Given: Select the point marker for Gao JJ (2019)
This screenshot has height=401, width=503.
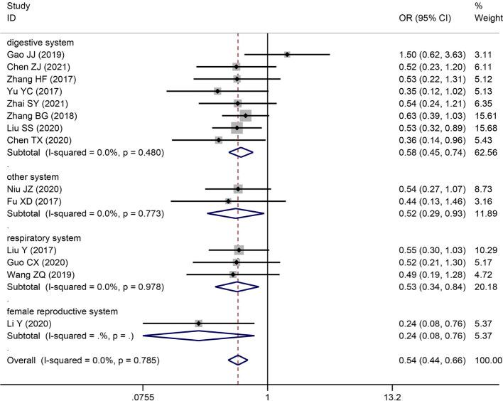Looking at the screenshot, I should coord(287,55).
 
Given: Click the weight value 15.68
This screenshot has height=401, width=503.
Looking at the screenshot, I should coord(485,127).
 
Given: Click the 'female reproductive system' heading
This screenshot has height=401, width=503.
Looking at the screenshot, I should coord(58,311).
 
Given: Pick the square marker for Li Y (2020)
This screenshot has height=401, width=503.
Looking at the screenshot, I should coord(199,324).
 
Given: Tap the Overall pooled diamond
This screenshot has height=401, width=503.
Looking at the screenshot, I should coord(238,360).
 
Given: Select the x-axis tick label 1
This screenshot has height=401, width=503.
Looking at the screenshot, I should coord(267,396).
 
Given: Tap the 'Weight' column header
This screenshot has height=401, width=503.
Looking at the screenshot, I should coord(486,18).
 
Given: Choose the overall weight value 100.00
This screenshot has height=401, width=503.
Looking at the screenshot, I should coord(487,360).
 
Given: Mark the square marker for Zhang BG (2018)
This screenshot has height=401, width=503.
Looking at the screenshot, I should coord(246,115).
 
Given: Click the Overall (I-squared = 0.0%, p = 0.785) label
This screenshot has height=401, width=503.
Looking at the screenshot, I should coord(83,360).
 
